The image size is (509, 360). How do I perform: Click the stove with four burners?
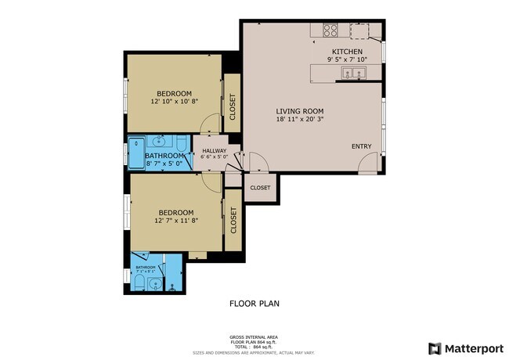330,31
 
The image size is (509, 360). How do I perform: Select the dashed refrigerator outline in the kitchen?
361,31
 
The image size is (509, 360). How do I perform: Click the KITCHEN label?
347,52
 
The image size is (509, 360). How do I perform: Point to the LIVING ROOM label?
299,110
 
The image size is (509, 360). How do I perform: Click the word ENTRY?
361,146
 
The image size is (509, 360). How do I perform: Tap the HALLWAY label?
214,151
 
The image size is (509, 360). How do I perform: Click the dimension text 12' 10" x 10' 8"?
175,101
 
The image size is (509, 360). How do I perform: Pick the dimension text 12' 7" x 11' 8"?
176,221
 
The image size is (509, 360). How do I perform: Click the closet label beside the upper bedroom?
232,106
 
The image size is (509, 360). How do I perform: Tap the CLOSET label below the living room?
260,188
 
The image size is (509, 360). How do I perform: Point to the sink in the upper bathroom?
159,142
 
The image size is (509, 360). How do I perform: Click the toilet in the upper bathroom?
180,143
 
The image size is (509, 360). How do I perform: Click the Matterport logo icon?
434,348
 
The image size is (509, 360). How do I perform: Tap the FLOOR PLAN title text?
254,303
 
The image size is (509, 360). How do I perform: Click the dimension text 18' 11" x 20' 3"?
299,120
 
